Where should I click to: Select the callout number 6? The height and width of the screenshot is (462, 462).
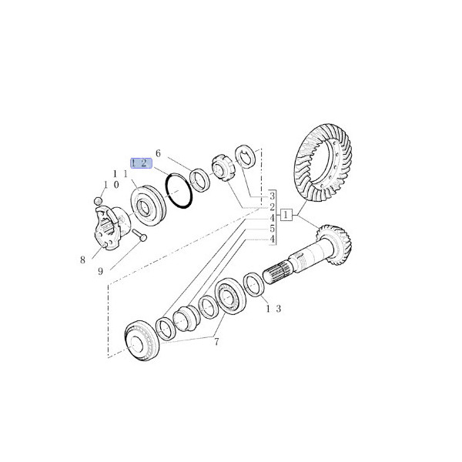(159, 153)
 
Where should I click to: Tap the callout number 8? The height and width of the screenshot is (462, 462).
(82, 260)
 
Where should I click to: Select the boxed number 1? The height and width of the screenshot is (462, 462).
(286, 216)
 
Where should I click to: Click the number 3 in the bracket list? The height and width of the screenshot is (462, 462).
(272, 196)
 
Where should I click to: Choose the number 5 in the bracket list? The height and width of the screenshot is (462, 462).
(272, 229)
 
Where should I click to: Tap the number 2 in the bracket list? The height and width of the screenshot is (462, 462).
(272, 206)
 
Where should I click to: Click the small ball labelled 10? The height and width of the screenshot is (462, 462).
(99, 201)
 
